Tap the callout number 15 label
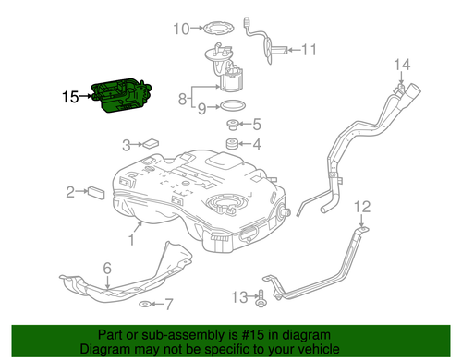[72, 96]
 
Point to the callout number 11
[308, 48]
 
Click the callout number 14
[401, 64]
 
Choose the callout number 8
[184, 97]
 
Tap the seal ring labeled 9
[234, 106]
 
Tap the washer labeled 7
[143, 303]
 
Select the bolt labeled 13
[260, 297]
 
